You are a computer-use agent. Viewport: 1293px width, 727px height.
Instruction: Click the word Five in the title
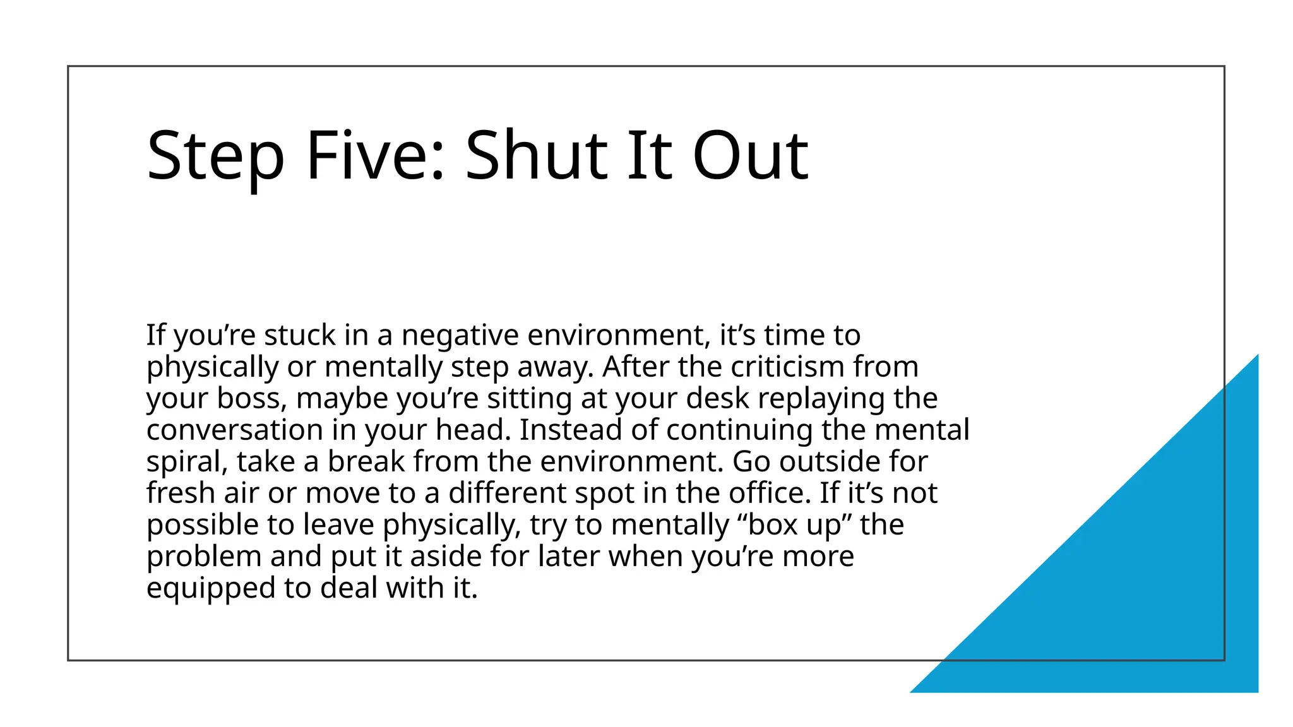375,155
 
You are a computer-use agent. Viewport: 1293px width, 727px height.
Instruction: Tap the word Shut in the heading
536,155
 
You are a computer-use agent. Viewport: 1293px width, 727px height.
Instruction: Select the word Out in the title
750,155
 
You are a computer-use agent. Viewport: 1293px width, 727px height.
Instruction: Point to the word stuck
300,335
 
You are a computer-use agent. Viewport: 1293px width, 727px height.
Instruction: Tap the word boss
247,398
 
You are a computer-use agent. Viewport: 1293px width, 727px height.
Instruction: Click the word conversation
234,430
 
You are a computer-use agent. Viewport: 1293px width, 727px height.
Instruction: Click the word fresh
181,493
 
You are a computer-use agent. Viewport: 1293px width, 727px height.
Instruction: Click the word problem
204,557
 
